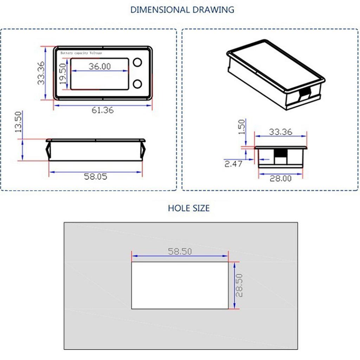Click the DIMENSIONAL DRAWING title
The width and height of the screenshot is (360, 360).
182,9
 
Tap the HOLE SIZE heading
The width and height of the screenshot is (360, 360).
189,208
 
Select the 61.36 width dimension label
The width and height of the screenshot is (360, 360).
103,110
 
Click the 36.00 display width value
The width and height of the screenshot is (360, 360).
99,66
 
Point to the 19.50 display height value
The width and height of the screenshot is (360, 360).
63,74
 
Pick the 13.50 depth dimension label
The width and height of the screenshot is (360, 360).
18,122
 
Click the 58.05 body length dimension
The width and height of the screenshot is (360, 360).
96,176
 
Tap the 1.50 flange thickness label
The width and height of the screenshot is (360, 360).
242,127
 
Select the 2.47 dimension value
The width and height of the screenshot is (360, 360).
233,164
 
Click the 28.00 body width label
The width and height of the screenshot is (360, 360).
281,178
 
